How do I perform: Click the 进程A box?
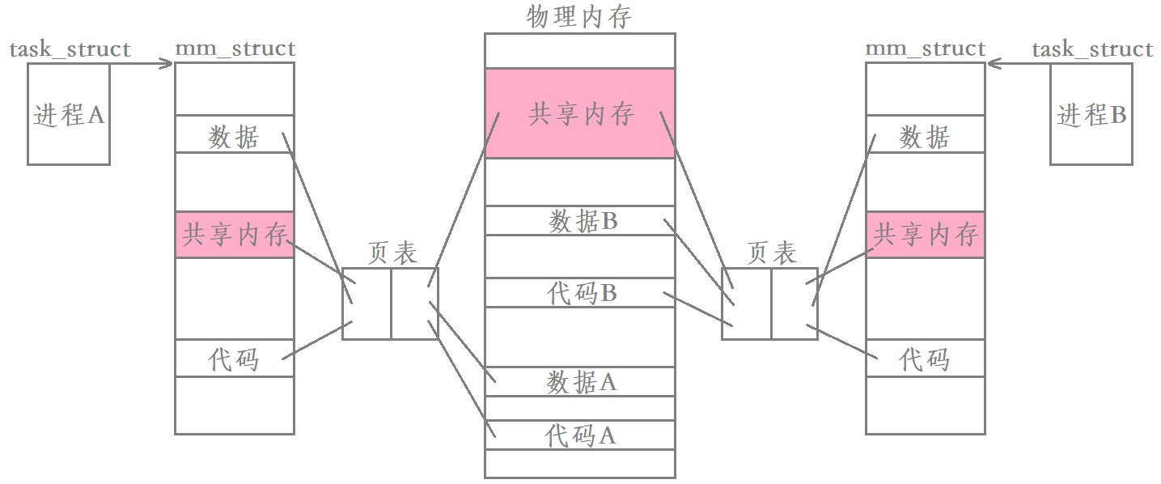pyautogui.click(x=69, y=114)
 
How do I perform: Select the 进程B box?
pyautogui.click(x=1091, y=114)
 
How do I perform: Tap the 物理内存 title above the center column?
pyautogui.click(x=578, y=16)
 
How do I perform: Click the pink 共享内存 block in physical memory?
pyautogui.click(x=579, y=113)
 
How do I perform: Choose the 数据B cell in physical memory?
pyautogui.click(x=579, y=221)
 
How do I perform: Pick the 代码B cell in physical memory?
pyautogui.click(x=579, y=292)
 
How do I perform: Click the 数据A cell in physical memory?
pyautogui.click(x=579, y=381)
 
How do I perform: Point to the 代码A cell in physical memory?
pyautogui.click(x=579, y=435)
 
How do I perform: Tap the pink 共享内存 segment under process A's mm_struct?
pyautogui.click(x=235, y=235)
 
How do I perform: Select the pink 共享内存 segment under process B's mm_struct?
pyautogui.click(x=926, y=235)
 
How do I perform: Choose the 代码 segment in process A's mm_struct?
pyautogui.click(x=235, y=358)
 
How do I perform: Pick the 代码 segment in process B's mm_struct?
pyautogui.click(x=926, y=358)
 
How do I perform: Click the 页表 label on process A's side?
pyautogui.click(x=392, y=253)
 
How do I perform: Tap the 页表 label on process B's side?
pyautogui.click(x=771, y=253)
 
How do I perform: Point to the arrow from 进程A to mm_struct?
pyautogui.click(x=142, y=64)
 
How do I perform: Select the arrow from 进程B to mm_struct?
pyautogui.click(x=1019, y=64)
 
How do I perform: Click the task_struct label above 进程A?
pyautogui.click(x=70, y=49)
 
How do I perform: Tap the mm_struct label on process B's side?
pyautogui.click(x=926, y=49)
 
